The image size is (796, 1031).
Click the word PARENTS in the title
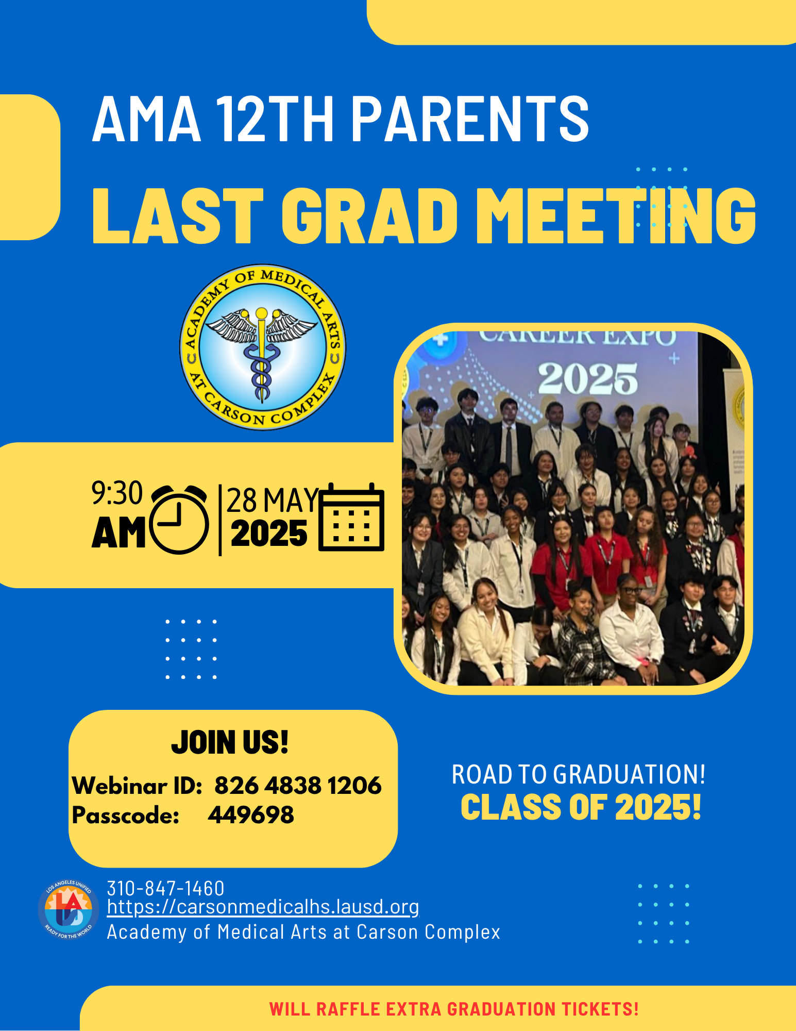click(470, 119)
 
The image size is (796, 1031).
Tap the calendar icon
click(351, 517)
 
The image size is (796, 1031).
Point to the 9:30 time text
click(117, 493)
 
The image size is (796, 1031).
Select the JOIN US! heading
click(230, 742)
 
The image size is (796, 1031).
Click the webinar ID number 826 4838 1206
click(298, 786)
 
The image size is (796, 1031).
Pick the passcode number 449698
click(251, 815)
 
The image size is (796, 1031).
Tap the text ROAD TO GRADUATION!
click(579, 774)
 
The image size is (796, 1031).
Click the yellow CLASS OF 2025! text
click(581, 807)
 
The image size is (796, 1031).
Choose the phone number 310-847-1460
click(165, 889)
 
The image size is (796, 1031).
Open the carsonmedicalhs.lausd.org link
click(263, 907)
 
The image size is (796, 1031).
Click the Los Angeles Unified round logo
click(69, 910)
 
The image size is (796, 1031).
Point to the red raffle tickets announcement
click(454, 1009)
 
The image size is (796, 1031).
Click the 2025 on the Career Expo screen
click(588, 379)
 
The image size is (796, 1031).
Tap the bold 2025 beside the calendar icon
click(269, 534)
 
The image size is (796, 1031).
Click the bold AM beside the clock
click(118, 533)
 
